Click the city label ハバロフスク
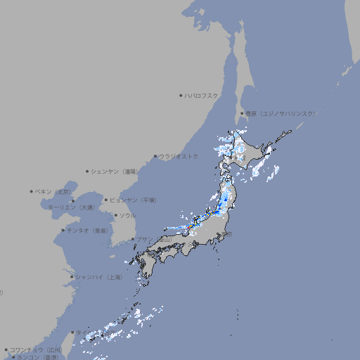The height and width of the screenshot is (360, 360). (x=202, y=95)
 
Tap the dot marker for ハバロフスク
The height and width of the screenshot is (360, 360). (x=181, y=95)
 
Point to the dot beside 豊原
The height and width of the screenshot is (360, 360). (x=242, y=113)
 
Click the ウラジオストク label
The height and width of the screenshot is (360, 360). (x=179, y=156)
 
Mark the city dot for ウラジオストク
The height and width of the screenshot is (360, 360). (x=155, y=156)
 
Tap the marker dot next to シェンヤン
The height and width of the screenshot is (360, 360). (x=87, y=171)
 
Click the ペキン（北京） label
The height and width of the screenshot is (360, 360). (x=54, y=191)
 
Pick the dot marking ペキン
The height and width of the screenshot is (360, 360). (x=32, y=191)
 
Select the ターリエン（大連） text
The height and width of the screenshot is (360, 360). (x=71, y=207)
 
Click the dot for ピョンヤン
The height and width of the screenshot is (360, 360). (x=106, y=200)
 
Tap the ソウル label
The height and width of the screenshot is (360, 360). (x=127, y=215)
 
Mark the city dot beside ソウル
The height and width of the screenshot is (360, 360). (x=115, y=215)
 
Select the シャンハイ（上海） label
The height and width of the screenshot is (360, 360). (x=99, y=277)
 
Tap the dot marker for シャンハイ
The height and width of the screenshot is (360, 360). (x=72, y=277)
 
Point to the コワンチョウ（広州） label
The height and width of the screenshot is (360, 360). (x=36, y=349)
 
